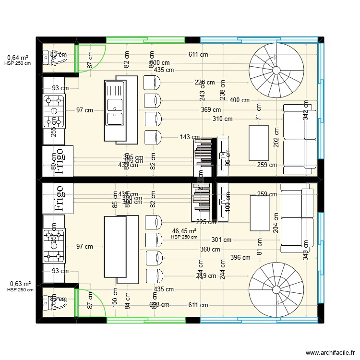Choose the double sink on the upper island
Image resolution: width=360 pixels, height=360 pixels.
(115, 110)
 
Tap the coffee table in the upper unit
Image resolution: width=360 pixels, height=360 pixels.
(259, 143)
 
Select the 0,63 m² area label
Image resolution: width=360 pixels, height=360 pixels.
(20, 284)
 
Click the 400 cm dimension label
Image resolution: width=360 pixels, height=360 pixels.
(240, 100)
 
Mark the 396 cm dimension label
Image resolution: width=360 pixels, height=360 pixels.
(240, 257)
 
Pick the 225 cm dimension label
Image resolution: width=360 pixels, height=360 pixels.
(206, 222)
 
